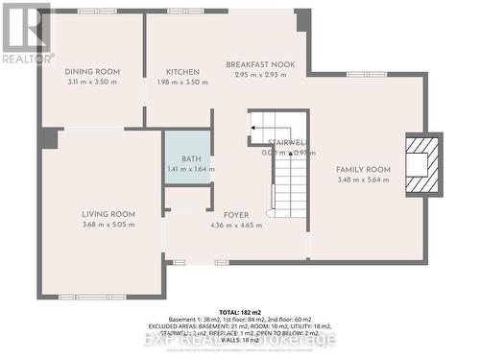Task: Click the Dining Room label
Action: point(92,72)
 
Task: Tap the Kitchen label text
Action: point(182,72)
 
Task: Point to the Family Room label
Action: point(361,169)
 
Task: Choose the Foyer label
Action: point(236,215)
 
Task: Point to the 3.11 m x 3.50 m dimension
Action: point(92,83)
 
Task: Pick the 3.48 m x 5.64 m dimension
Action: point(361,180)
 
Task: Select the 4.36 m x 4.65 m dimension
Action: point(236,226)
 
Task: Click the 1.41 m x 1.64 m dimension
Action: point(187,169)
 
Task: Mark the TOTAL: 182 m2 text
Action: point(241,313)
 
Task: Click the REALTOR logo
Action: point(27,34)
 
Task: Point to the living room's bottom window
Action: point(92,297)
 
